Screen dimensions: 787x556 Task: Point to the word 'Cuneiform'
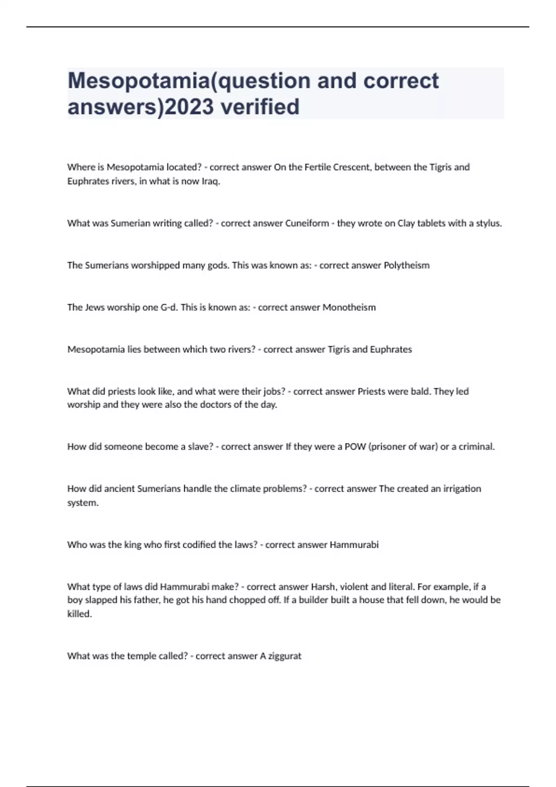307,223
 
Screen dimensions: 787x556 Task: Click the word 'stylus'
488,223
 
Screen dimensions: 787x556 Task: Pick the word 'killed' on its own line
79,614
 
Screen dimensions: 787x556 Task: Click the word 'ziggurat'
284,656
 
